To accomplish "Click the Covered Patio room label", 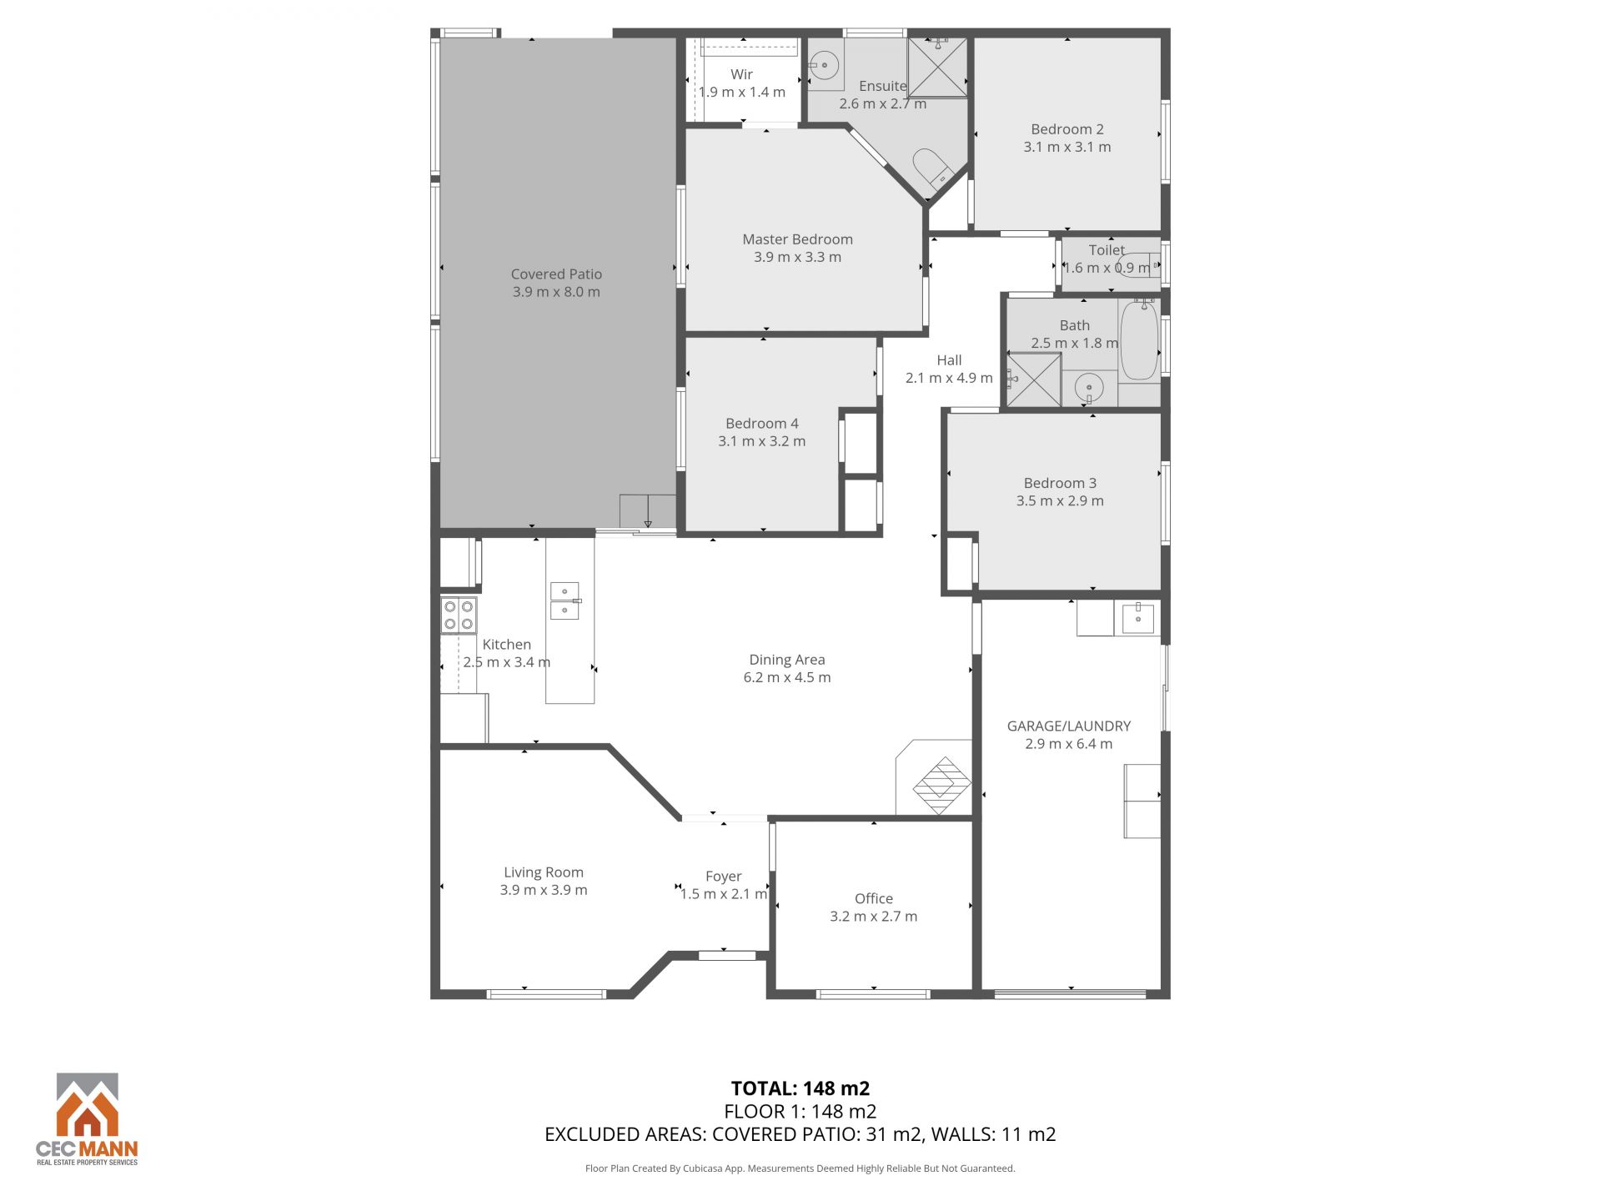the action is tap(556, 274).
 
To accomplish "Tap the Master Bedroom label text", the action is tap(797, 239).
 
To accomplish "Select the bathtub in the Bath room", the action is tap(1138, 340).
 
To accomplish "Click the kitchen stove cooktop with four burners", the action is tap(459, 616).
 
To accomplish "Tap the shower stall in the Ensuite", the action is tap(937, 67).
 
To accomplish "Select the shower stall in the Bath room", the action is tap(1034, 380).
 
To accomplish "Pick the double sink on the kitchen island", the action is tap(565, 600).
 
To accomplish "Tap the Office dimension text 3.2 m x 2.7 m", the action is tap(873, 917).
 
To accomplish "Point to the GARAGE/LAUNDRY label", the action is tap(1068, 726).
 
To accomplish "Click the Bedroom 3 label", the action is tap(1060, 483).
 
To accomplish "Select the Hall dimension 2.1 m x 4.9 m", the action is tap(949, 378).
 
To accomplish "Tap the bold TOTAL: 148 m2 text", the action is tap(800, 1088).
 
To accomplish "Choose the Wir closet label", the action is tap(741, 74).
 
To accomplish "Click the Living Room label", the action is tap(544, 872).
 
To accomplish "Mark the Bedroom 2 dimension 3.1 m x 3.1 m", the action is tap(1067, 147).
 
